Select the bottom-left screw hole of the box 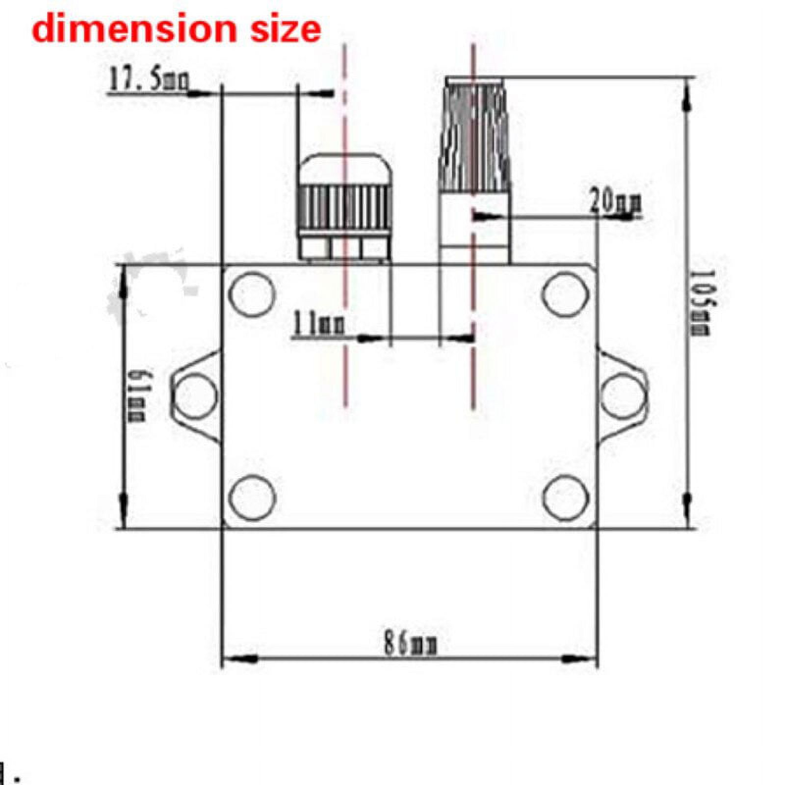click(x=252, y=497)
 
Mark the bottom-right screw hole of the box click(x=565, y=497)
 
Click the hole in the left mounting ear click(x=195, y=395)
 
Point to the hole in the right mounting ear click(x=623, y=395)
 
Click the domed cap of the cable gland click(x=345, y=169)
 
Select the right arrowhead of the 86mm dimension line click(x=579, y=659)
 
